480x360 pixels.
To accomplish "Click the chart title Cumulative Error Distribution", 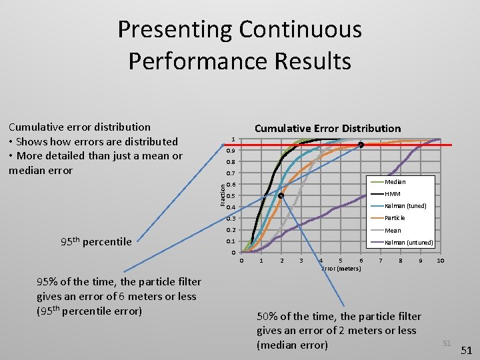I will click(x=327, y=128).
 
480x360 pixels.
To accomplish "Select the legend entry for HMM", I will click(x=393, y=194).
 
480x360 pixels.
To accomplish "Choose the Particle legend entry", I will click(x=395, y=218).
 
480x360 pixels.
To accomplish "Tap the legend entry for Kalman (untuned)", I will click(x=409, y=243).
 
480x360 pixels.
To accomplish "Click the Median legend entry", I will click(x=395, y=182).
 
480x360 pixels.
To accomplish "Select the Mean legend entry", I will click(x=393, y=231).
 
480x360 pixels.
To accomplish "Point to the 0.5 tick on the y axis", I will click(x=231, y=196).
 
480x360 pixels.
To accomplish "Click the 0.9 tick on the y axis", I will click(x=231, y=151).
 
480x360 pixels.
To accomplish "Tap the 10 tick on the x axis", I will click(x=440, y=261).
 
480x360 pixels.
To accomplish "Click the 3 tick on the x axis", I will click(x=301, y=261).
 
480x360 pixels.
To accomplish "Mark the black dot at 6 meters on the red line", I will click(x=361, y=145).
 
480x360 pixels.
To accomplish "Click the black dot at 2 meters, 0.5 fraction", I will click(x=281, y=196).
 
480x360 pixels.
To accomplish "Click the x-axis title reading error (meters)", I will click(x=341, y=268).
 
